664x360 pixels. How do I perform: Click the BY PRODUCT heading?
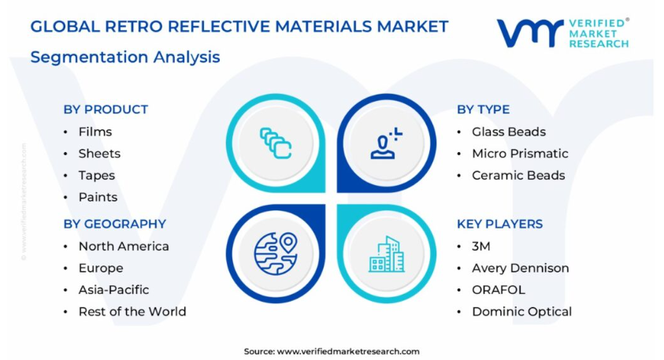pyautogui.click(x=106, y=109)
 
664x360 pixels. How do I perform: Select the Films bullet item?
pyautogui.click(x=95, y=132)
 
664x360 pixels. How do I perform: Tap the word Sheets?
pyautogui.click(x=99, y=154)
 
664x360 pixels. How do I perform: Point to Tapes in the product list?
pyautogui.click(x=97, y=176)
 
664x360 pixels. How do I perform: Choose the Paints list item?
pyautogui.click(x=98, y=197)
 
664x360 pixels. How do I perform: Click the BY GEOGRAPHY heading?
pyautogui.click(x=115, y=224)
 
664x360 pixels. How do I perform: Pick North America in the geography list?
pyautogui.click(x=124, y=246)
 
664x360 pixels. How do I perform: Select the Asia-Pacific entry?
pyautogui.click(x=113, y=290)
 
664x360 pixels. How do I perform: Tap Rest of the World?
pyautogui.click(x=132, y=311)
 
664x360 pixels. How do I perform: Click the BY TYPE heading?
pyautogui.click(x=483, y=109)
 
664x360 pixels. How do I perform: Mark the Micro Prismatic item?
pyautogui.click(x=520, y=154)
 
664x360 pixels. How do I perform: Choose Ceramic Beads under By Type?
pyautogui.click(x=518, y=176)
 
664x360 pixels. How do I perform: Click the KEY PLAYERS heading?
pyautogui.click(x=499, y=224)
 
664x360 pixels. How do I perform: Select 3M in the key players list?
pyautogui.click(x=481, y=246)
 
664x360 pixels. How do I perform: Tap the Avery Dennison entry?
pyautogui.click(x=521, y=268)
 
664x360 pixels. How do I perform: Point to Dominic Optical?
pyautogui.click(x=521, y=311)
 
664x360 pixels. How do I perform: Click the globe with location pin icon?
pyautogui.click(x=276, y=254)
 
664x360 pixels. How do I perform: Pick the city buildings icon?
pyautogui.click(x=387, y=254)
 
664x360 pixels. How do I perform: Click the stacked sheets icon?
pyautogui.click(x=276, y=143)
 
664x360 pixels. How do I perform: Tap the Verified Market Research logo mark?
pyautogui.click(x=530, y=32)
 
